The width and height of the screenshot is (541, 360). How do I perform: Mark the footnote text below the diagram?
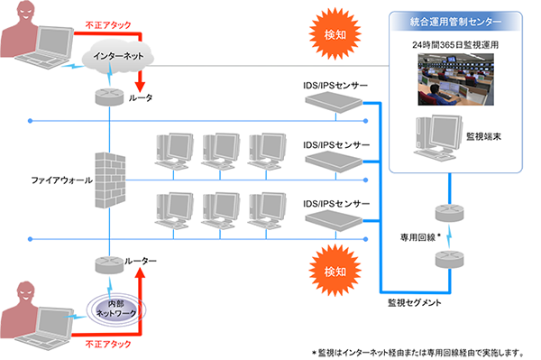click(423, 352)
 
